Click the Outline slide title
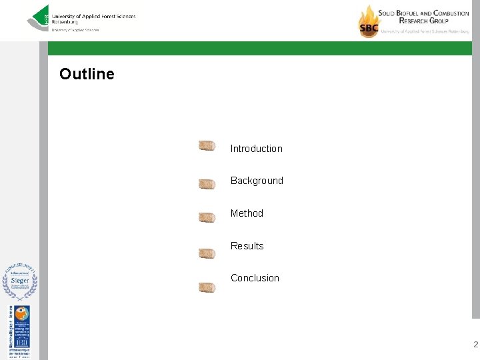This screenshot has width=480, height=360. pos(87,74)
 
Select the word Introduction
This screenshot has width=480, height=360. pos(256,149)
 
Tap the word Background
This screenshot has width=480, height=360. pos(257,181)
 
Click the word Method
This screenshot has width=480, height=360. pos(247,213)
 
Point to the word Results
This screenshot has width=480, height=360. pos(247,246)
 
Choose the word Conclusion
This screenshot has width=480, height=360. pos(255,278)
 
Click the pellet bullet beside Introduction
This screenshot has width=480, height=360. pos(207,146)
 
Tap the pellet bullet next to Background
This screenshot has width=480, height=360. pos(207,184)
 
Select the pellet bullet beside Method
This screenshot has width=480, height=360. pos(207,217)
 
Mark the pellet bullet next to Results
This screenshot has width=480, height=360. pos(207,253)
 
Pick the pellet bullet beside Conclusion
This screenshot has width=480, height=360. pos(207,288)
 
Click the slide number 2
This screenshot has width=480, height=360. pos(475,345)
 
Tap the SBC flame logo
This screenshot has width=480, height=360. pos(368,21)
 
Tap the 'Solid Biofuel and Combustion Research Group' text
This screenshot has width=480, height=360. pos(423,17)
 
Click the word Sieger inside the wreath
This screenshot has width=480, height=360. pos(19,281)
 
